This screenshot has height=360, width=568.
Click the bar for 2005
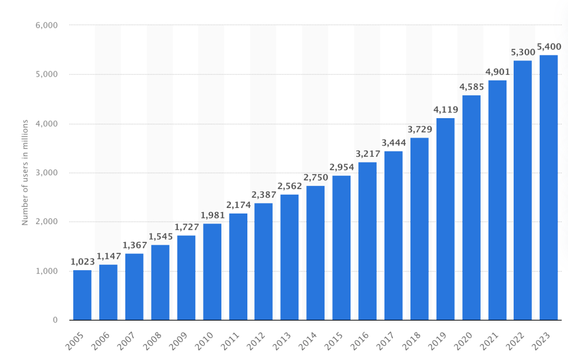82,295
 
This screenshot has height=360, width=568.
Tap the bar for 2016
367,241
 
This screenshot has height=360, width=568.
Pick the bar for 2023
549,187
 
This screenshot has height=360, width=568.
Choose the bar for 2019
445,219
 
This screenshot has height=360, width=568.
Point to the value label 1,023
82,262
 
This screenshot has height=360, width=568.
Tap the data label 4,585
471,88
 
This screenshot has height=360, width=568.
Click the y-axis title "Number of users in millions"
25,173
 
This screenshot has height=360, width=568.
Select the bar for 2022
523,190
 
